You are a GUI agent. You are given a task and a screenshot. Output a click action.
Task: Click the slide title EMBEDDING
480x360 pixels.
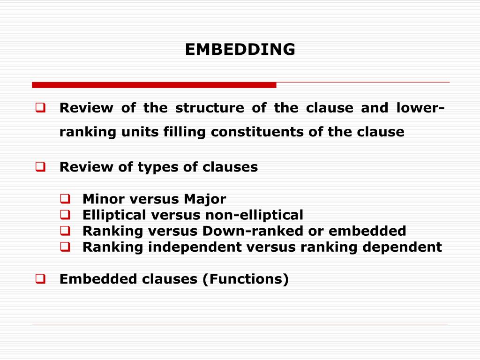240,49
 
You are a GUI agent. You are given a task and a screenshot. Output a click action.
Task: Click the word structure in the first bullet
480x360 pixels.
210,108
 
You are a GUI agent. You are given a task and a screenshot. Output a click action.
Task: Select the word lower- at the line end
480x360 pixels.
420,108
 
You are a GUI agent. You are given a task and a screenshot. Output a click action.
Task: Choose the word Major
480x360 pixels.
205,199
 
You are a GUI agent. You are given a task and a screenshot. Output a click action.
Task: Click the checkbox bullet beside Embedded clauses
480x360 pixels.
40,279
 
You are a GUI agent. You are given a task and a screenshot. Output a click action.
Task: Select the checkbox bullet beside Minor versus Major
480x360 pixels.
64,199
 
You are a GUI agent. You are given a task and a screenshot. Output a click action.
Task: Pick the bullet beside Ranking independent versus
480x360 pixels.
64,247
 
